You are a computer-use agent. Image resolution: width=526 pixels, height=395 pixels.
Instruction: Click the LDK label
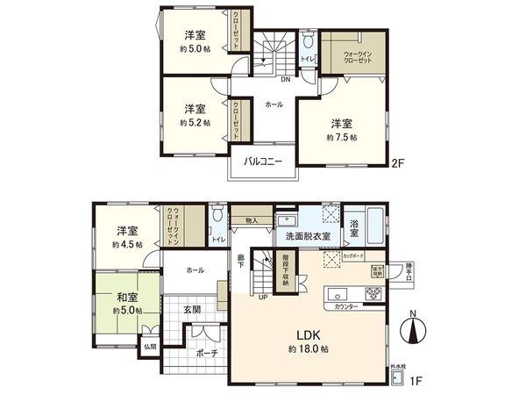pyautogui.click(x=306, y=335)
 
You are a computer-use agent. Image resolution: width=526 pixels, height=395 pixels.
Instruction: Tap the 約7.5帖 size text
pyautogui.click(x=342, y=138)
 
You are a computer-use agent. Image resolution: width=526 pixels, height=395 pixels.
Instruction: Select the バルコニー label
pyautogui.click(x=263, y=162)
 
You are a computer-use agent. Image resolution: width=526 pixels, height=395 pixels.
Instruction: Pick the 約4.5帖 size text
pyautogui.click(x=126, y=246)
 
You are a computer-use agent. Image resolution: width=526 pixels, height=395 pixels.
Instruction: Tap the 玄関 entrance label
pyautogui.click(x=194, y=310)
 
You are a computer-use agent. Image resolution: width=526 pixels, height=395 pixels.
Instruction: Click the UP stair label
pyautogui.click(x=262, y=298)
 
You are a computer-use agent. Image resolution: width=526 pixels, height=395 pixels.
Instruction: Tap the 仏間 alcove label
pyautogui.click(x=150, y=347)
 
